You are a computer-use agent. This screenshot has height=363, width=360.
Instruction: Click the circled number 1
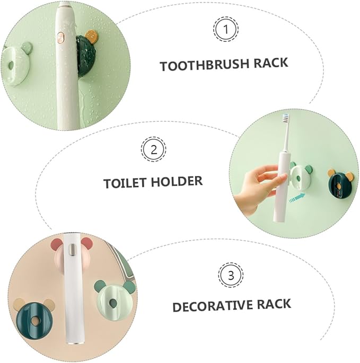[226, 30]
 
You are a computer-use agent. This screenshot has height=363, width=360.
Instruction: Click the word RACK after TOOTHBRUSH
[270, 63]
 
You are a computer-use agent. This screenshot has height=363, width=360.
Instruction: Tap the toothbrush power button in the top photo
[61, 38]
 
